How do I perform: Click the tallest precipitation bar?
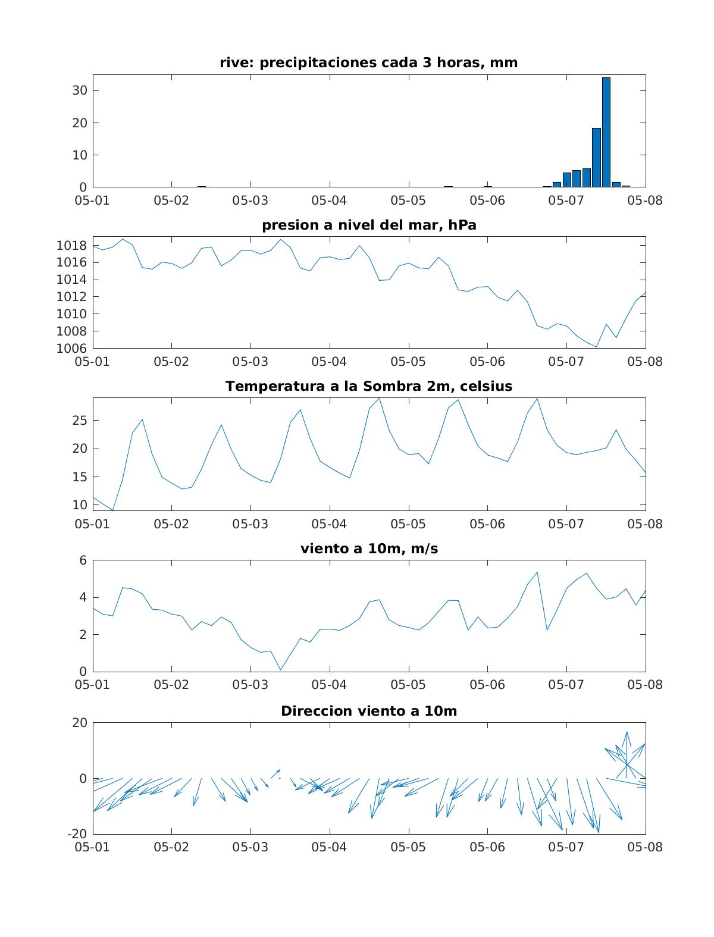tap(606, 132)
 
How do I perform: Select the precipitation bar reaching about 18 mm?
tap(596, 158)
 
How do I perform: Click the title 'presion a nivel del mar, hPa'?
tap(369, 225)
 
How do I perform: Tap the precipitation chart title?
tap(369, 62)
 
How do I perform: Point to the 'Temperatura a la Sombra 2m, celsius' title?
tap(369, 386)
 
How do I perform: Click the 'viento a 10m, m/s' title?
tap(369, 549)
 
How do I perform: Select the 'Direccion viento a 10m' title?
tap(369, 711)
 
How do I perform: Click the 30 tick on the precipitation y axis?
tap(80, 90)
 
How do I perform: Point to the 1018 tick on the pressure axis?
tap(72, 246)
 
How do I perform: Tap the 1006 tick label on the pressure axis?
tap(72, 349)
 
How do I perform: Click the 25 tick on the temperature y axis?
tap(80, 421)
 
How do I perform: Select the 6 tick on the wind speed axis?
tap(83, 560)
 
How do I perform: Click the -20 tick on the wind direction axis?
tap(77, 833)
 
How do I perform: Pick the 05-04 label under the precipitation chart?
tap(329, 200)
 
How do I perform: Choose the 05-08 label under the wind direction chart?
tap(645, 847)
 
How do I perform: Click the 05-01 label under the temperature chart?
tap(93, 524)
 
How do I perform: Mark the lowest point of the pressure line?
tap(596, 347)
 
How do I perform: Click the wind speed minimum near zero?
tap(280, 670)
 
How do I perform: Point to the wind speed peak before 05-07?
tap(537, 572)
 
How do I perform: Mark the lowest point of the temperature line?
tap(112, 510)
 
